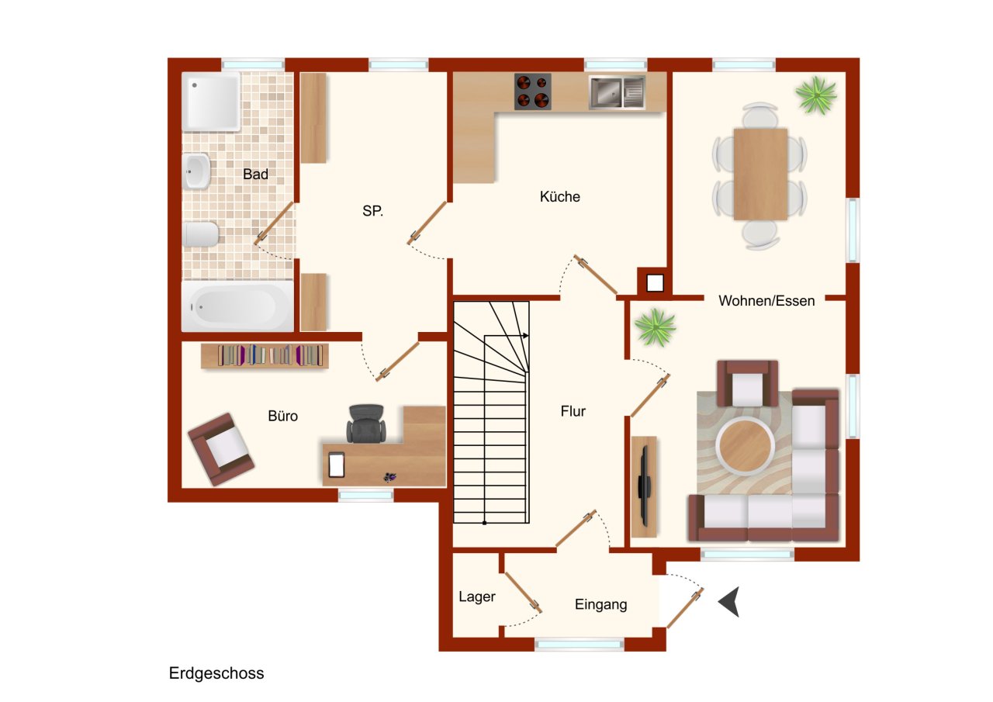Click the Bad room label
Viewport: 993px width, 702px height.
click(255, 175)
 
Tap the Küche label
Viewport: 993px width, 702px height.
click(559, 196)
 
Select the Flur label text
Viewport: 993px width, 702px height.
click(573, 411)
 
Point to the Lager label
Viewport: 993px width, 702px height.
click(477, 597)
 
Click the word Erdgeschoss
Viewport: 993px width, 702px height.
click(216, 673)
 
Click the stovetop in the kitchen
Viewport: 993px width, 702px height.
click(532, 92)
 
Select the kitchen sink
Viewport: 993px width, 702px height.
click(617, 92)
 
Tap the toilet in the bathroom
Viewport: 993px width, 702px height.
click(200, 234)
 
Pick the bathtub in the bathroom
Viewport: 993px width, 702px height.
click(237, 306)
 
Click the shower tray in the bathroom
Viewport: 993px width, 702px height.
click(211, 102)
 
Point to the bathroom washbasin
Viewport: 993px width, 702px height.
click(195, 171)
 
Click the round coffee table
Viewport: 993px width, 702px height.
click(745, 445)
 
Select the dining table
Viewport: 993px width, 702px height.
click(760, 175)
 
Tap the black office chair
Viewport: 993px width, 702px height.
click(365, 424)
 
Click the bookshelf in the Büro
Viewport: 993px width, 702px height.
click(265, 356)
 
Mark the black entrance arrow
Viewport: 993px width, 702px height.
click(730, 601)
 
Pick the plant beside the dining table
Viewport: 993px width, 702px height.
click(815, 95)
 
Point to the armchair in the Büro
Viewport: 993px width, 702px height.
click(221, 449)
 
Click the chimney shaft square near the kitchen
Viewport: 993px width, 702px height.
click(655, 283)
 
